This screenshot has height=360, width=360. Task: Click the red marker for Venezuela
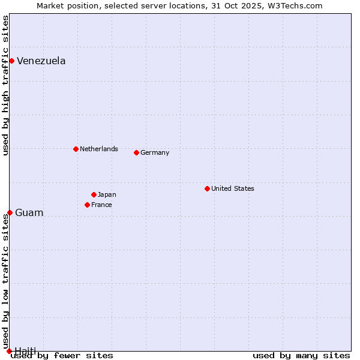[x=11, y=61]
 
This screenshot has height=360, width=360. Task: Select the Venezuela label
[x=41, y=61]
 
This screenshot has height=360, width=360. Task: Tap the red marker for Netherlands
[x=76, y=149]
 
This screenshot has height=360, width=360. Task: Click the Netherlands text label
[x=98, y=149]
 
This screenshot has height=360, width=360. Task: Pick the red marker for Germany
[x=136, y=152]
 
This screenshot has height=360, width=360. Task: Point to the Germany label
[x=155, y=152]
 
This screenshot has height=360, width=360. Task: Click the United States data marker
[x=207, y=188]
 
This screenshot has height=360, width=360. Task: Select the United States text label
[x=232, y=188]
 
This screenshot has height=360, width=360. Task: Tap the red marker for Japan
[x=94, y=194]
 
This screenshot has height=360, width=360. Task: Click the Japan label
[x=107, y=194]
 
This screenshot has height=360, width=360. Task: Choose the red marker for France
[x=87, y=205]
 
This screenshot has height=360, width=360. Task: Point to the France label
[x=101, y=205]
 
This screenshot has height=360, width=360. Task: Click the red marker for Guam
[x=10, y=212]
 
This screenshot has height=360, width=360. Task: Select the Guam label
[x=29, y=213]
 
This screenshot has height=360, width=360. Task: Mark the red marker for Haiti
[x=9, y=351]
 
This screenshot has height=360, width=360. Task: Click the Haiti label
[x=25, y=350]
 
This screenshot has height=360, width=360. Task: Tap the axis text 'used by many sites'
[x=301, y=355]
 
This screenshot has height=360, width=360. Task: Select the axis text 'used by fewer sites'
[x=62, y=355]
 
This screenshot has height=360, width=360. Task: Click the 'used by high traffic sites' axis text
[x=5, y=85]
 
